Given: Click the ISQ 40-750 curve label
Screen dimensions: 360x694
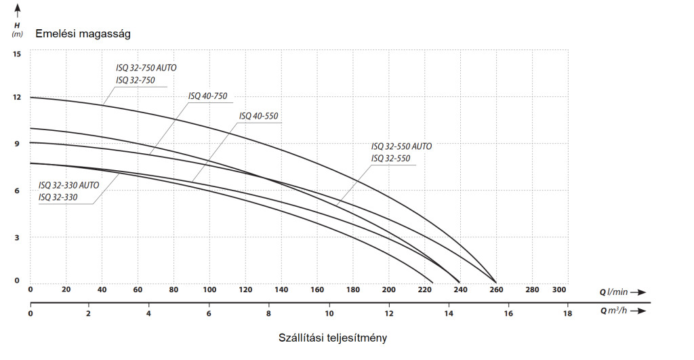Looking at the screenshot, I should click(x=207, y=96).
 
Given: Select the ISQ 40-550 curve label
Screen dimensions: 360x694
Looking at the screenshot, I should click(x=259, y=116).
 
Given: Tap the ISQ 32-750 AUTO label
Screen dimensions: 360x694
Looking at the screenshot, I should click(x=146, y=68).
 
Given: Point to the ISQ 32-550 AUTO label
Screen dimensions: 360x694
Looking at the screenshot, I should click(x=401, y=146).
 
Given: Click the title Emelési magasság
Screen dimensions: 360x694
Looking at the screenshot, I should click(x=83, y=33).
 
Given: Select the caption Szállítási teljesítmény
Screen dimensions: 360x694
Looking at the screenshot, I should click(x=333, y=337).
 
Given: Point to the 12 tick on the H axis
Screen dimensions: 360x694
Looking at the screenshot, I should click(x=16, y=98).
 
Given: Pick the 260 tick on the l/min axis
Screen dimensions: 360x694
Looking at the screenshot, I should click(x=497, y=290).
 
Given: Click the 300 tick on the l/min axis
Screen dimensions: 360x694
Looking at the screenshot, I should click(x=559, y=290).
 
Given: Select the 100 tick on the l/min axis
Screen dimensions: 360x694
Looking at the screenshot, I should click(x=209, y=290).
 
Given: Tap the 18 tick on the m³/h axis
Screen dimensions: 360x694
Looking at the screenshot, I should click(x=567, y=313).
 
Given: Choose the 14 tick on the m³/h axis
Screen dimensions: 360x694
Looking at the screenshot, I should click(x=448, y=313).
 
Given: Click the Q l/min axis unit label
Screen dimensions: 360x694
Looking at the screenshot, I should click(x=613, y=292).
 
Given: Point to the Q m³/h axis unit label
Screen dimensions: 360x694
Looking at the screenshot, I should click(x=614, y=311).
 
